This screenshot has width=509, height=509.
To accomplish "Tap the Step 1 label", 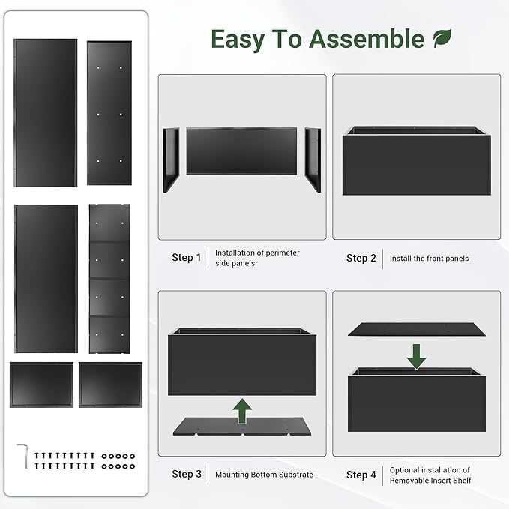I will pos(186,258).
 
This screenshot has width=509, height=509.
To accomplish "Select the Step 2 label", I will pos(361,258).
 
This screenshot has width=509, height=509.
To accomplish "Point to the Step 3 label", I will pos(186,474).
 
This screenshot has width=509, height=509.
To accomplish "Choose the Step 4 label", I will pos(361,475).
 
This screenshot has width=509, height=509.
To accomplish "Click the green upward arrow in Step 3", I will pos(241,411).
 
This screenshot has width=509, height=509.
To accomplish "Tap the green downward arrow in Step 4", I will pos(417,355).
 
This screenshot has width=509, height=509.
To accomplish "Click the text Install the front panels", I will pos(429,259).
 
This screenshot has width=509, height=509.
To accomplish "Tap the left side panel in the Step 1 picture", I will pos(171,160).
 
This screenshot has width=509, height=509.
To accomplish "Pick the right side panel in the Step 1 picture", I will pos(312,159).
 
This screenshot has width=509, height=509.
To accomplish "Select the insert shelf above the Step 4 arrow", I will pos(417,329).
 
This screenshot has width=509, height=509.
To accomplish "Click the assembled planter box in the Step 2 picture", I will pos(416,163).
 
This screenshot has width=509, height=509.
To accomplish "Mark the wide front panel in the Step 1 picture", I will pos(241,152).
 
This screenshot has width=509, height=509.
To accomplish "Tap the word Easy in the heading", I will pos(236,39).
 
